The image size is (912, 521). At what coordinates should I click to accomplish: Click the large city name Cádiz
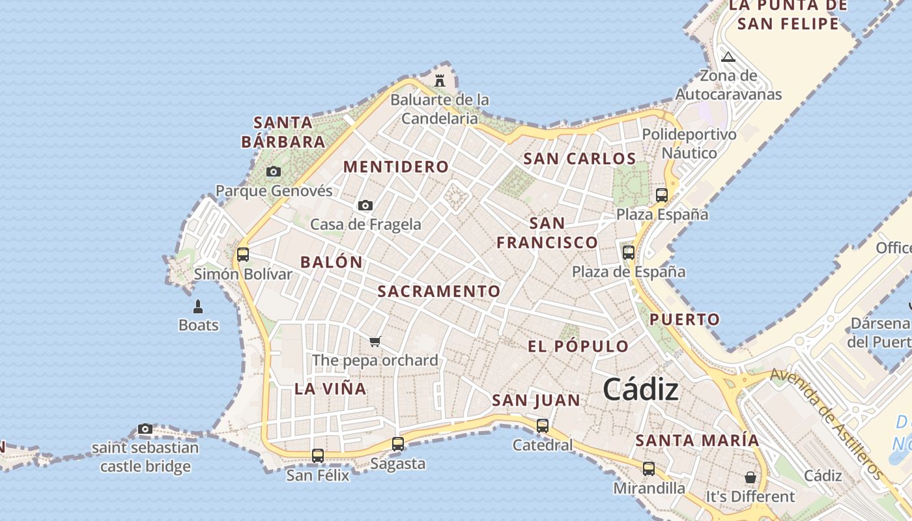(x=640, y=389)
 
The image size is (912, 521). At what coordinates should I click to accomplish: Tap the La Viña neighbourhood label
(x=330, y=389)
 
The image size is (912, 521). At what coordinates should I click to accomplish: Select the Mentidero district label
(x=396, y=167)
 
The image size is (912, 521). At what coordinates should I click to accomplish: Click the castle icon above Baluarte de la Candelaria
(x=440, y=81)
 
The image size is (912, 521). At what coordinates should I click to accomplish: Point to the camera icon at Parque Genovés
(x=274, y=172)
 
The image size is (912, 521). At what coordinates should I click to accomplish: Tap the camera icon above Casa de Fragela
(x=365, y=206)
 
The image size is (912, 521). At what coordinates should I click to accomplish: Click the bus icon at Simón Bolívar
(x=243, y=254)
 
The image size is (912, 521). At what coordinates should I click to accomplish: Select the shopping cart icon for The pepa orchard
(x=375, y=341)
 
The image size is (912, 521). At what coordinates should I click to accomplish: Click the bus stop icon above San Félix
(x=318, y=456)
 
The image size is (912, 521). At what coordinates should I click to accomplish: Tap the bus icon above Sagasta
(x=398, y=444)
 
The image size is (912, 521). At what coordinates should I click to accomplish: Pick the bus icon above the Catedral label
(x=543, y=426)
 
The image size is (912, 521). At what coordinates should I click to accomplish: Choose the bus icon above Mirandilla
(x=649, y=468)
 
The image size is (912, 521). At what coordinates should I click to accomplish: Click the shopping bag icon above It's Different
(x=750, y=477)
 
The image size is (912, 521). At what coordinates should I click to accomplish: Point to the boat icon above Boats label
(x=198, y=306)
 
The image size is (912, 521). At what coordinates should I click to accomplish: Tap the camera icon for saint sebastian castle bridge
(x=145, y=429)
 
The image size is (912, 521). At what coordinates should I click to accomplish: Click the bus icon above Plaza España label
(x=662, y=195)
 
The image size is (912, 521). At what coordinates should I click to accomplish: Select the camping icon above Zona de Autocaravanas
(x=728, y=57)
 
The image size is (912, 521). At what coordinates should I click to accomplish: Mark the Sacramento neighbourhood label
(x=439, y=291)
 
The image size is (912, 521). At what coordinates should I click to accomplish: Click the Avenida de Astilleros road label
(x=827, y=423)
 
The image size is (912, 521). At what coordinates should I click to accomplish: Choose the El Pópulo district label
(x=578, y=346)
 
